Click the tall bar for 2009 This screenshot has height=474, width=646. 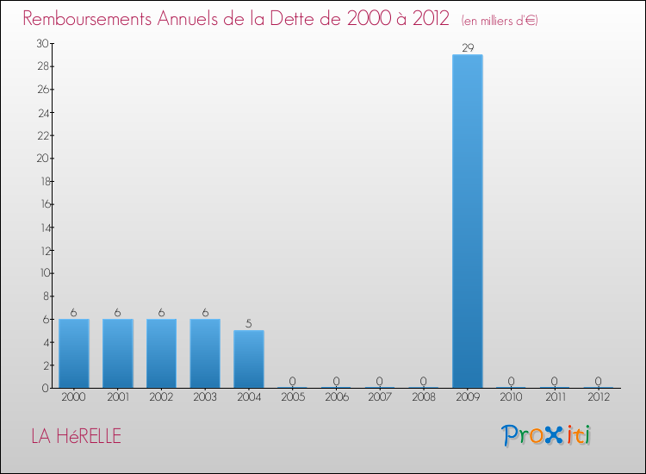tap(468, 221)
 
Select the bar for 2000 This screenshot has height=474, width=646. tap(73, 353)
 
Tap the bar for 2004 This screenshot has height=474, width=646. tap(249, 359)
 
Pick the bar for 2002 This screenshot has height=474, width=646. tap(161, 353)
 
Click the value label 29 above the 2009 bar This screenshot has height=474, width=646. tap(468, 48)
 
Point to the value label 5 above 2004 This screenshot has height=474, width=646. tap(249, 324)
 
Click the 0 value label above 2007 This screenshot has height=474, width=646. tap(380, 381)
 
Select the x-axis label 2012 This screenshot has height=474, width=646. tap(599, 397)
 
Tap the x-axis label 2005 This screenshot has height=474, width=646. tap(293, 397)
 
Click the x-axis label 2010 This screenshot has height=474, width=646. tap(512, 397)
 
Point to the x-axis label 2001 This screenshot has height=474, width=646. tap(117, 397)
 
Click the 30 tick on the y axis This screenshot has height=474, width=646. tap(42, 43)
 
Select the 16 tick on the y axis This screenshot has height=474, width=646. tap(42, 204)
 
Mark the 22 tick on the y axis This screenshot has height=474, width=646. tap(42, 135)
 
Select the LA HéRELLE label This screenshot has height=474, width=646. tap(76, 436)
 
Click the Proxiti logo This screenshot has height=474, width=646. tap(546, 435)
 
